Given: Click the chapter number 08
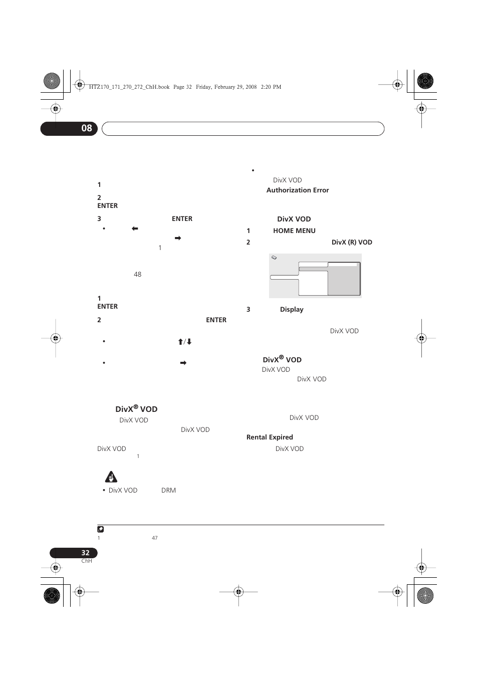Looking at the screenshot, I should point(87,128).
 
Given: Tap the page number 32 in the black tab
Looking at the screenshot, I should point(85,553).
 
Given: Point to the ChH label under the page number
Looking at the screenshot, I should point(87,561).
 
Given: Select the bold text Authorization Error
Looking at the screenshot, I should point(298,190).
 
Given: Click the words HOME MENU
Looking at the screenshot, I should point(294,231).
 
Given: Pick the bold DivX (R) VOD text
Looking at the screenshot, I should point(352,243).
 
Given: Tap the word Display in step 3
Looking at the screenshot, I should point(292,310).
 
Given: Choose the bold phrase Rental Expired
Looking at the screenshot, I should point(270,437).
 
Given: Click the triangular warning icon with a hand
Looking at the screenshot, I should point(111,477).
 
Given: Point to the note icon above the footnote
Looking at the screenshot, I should point(101,529).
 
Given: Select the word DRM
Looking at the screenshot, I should point(168,491).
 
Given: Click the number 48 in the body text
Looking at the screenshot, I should point(137,275).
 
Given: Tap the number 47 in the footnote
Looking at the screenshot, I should point(154,538).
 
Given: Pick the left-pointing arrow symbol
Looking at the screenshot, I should point(135,229).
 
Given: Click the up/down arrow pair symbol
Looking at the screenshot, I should point(185,342).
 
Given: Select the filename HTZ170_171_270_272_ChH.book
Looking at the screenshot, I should point(129,87).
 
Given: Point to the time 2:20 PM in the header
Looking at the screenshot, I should point(271,87).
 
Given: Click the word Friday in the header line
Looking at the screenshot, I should point(203,87).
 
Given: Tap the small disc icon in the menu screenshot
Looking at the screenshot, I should point(274,258).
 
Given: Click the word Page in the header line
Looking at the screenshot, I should point(178,87).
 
